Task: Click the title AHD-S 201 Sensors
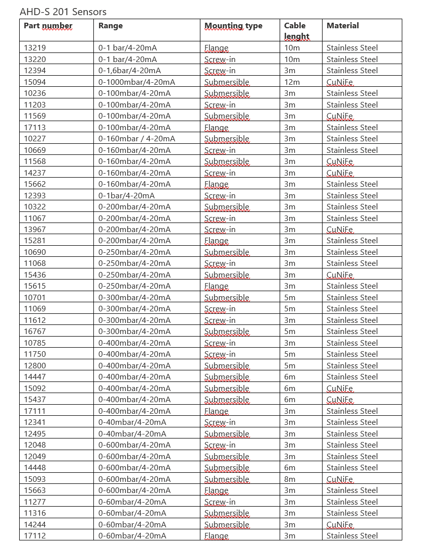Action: click(63, 12)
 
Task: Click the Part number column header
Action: click(48, 26)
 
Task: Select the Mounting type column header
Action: click(233, 26)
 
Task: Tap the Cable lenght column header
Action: click(296, 31)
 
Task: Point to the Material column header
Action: click(343, 26)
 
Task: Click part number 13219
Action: click(35, 48)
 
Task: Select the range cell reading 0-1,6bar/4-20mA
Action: click(130, 71)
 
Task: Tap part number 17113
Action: click(35, 127)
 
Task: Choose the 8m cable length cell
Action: click(290, 479)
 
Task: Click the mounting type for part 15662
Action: click(216, 184)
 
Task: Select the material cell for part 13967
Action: click(340, 230)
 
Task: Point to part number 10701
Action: click(35, 297)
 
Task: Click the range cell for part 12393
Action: click(127, 195)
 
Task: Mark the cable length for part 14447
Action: click(290, 376)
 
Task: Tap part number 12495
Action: click(35, 433)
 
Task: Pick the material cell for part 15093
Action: click(340, 479)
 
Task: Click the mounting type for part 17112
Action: click(216, 536)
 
